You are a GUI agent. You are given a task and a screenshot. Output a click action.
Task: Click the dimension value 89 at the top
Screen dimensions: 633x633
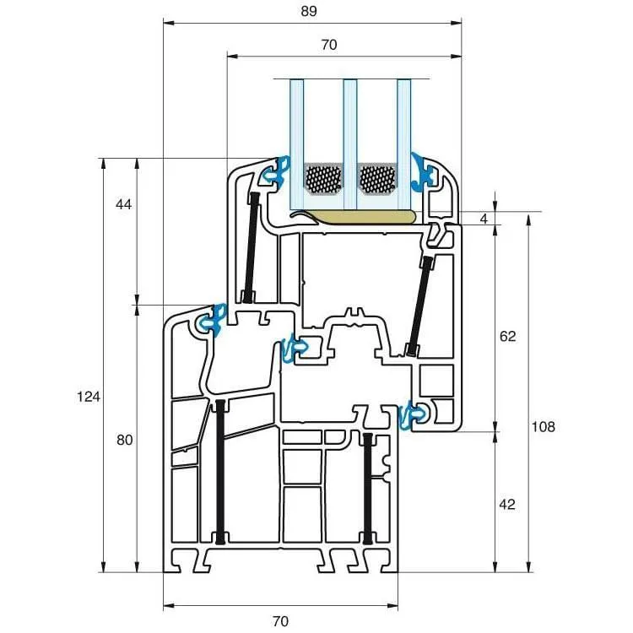coord(309,11)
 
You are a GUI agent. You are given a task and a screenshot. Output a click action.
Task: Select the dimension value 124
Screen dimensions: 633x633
coord(89,398)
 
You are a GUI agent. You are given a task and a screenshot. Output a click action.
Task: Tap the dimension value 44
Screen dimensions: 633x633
coord(123,205)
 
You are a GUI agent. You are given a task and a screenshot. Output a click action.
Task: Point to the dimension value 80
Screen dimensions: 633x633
coord(125,440)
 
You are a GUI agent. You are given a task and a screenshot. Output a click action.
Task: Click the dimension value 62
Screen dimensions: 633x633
coord(507,336)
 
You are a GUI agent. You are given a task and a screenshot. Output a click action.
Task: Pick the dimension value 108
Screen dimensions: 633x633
coord(543,427)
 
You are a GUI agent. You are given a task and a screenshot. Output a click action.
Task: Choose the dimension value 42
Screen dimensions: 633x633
coord(507,504)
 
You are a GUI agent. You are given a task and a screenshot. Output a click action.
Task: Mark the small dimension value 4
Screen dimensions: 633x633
coord(484,219)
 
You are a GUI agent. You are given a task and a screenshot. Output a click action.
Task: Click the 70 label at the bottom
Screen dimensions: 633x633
coord(280,620)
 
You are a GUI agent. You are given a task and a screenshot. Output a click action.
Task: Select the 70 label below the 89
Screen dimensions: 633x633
coord(329,45)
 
